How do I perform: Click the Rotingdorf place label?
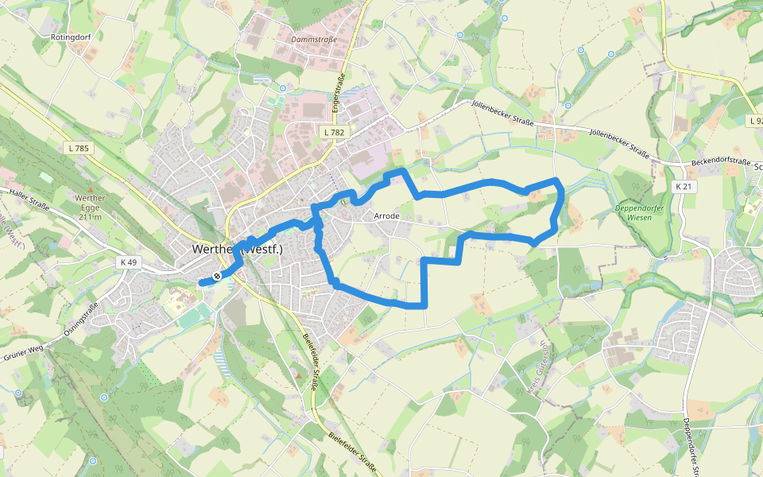(70, 37)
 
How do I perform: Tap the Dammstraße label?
(314, 39)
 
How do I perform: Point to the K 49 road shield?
(129, 262)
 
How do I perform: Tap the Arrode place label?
(386, 216)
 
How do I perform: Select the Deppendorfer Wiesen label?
(640, 212)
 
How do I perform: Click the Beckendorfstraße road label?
(721, 161)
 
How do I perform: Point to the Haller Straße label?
(29, 200)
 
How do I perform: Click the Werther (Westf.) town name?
(238, 249)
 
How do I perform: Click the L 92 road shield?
(755, 121)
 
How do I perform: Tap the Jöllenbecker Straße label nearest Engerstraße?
(502, 111)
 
